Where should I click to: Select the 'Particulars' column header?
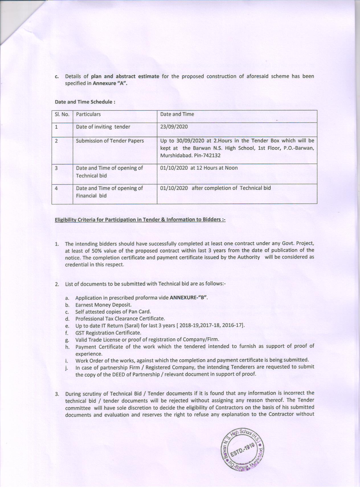pyautogui.click(x=88, y=114)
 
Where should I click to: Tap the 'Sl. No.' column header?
pyautogui.click(x=62, y=114)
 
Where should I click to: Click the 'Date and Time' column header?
pyautogui.click(x=177, y=114)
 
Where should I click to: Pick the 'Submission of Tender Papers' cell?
pyautogui.click(x=110, y=141)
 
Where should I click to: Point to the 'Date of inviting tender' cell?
pyautogui.click(x=103, y=127)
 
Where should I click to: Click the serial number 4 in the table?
pyautogui.click(x=56, y=188)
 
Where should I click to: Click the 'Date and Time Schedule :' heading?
pyautogui.click(x=85, y=102)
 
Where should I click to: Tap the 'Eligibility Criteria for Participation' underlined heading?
pyautogui.click(x=140, y=220)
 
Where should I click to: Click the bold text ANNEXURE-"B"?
pyautogui.click(x=188, y=298)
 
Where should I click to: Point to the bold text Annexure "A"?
pyautogui.click(x=110, y=83)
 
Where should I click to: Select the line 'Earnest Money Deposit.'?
pyautogui.click(x=103, y=305)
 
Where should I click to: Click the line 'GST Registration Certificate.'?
pyautogui.click(x=108, y=332)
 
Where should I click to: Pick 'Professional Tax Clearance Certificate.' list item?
pyautogui.click(x=120, y=319)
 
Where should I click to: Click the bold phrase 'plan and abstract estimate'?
pyautogui.click(x=125, y=76)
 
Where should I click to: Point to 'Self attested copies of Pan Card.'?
pyautogui.click(x=113, y=311)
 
